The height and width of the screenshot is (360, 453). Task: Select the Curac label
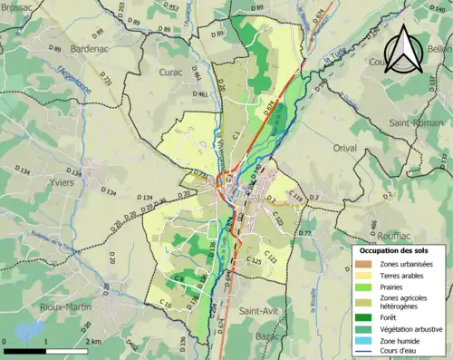(x=169, y=71)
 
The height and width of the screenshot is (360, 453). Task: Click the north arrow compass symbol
(x=410, y=48)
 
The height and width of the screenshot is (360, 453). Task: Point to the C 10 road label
(x=165, y=301)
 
